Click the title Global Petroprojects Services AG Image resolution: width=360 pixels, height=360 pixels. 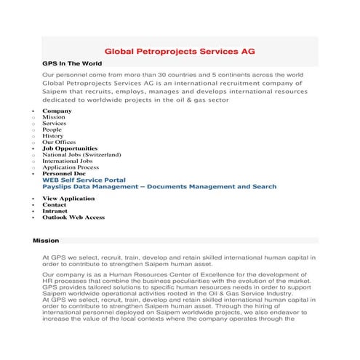(180, 52)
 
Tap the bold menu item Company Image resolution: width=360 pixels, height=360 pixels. (57, 111)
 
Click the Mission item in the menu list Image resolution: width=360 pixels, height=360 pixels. (54, 117)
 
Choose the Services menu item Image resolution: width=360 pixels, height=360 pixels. (55, 124)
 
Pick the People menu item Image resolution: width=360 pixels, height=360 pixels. (52, 129)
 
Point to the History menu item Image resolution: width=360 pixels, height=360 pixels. (53, 136)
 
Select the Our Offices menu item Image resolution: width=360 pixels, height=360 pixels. (59, 143)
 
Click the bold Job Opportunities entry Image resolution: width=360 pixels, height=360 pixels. (70, 148)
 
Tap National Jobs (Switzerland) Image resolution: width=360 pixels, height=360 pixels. (81, 155)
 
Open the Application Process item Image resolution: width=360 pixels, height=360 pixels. (71, 167)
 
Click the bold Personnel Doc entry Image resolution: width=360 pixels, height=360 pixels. (63, 174)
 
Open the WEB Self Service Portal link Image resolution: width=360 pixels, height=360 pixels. (84, 180)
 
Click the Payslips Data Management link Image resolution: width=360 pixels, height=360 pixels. (159, 187)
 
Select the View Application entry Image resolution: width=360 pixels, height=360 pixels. (68, 199)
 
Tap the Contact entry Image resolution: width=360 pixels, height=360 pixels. (55, 205)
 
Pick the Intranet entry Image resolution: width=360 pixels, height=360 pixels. (55, 211)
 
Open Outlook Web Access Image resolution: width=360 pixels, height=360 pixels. (73, 217)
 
